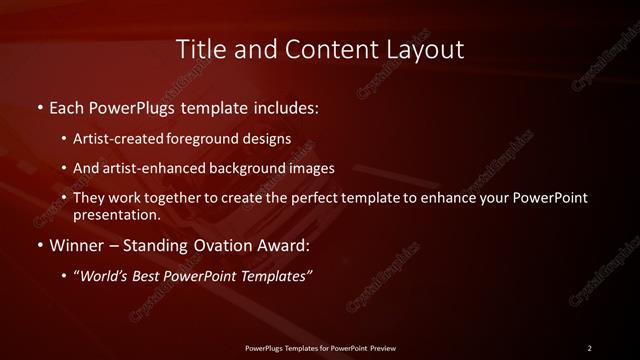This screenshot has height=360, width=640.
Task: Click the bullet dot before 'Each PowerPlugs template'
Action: [x=39, y=105]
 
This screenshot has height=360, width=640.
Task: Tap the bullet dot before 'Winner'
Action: [x=39, y=244]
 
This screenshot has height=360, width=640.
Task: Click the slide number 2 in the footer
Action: [x=589, y=347]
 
